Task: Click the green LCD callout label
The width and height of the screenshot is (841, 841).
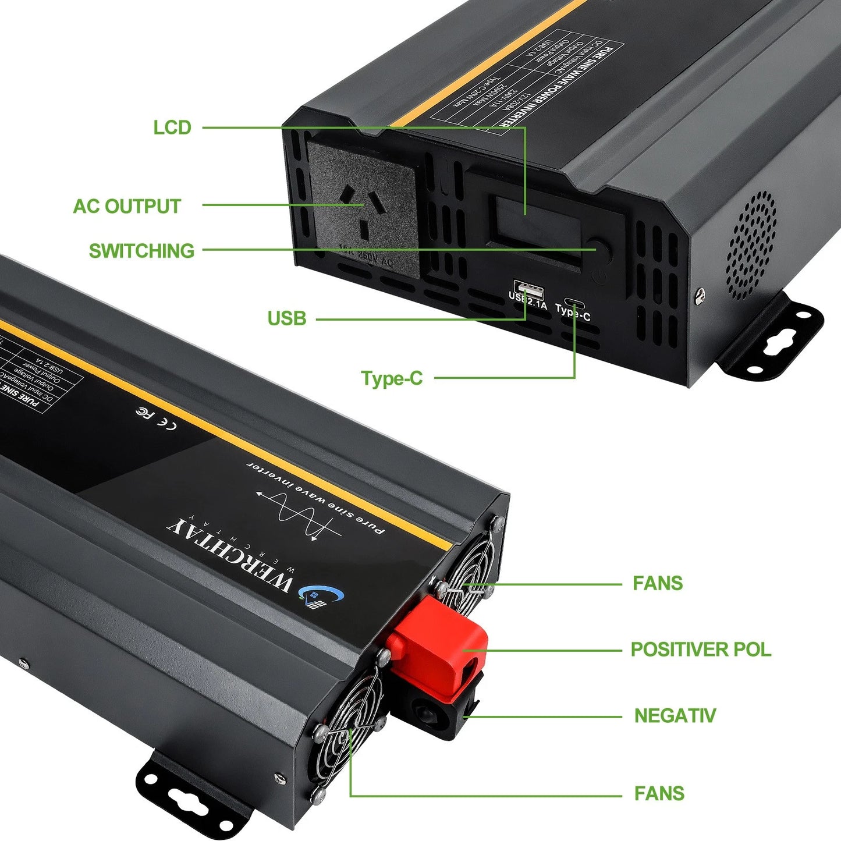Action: [x=172, y=127]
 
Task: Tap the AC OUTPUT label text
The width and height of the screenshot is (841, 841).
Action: [x=127, y=206]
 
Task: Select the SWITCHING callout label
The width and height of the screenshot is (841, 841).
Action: [x=141, y=251]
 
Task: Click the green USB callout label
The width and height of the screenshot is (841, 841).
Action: [x=286, y=318]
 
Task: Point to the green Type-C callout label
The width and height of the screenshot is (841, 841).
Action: [x=392, y=378]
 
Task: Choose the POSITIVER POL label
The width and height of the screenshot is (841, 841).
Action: [x=701, y=650]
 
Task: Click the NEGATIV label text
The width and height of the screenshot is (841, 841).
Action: [x=675, y=715]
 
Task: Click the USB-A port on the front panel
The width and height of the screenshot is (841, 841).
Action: [x=528, y=288]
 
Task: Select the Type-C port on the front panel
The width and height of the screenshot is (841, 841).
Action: [x=573, y=304]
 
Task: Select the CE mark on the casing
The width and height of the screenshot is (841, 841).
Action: [x=169, y=425]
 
